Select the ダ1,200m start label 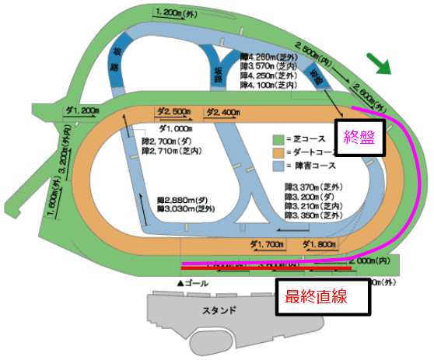pos(79,111)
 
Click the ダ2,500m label pos(173,112)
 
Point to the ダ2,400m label pos(222,112)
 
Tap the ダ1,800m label pos(319,244)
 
